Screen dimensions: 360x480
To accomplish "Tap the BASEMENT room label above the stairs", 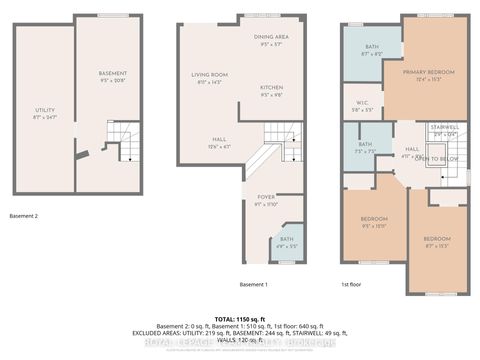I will coord(113,74).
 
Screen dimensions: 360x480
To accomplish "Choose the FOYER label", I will coord(266,198).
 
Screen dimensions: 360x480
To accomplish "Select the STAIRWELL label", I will coord(444,128).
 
